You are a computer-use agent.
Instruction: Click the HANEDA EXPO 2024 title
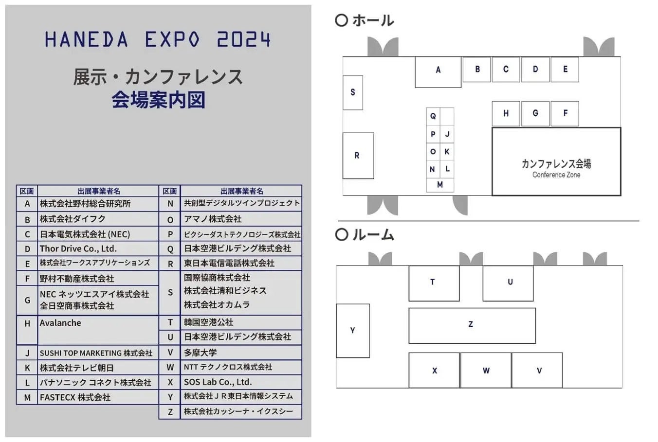click(158, 39)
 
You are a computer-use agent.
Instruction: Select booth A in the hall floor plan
click(438, 71)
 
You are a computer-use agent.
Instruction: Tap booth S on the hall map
click(353, 92)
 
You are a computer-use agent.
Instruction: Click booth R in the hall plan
click(358, 156)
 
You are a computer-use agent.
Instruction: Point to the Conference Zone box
click(556, 162)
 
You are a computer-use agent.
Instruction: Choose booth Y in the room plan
click(353, 331)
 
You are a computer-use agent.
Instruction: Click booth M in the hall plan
click(440, 185)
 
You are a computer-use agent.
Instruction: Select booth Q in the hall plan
click(433, 116)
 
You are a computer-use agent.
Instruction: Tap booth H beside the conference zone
click(506, 113)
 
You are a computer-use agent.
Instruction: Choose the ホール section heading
click(365, 20)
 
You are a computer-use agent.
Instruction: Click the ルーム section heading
click(365, 235)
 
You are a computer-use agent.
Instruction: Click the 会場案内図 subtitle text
click(159, 100)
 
